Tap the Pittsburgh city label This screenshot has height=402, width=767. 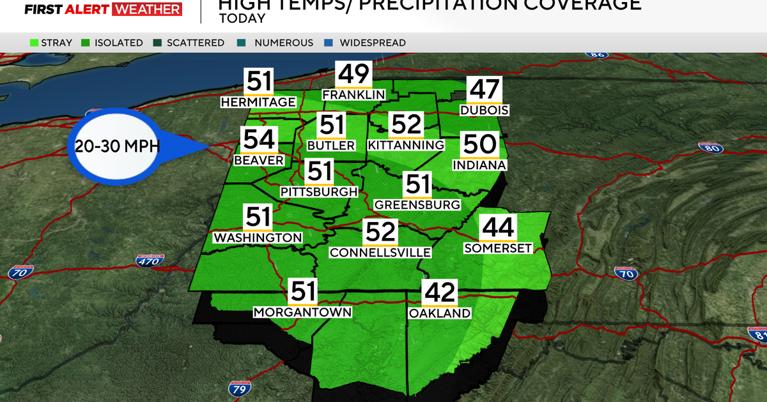(318, 191)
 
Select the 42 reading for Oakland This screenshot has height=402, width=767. (440, 294)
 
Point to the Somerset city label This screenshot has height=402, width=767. (498, 248)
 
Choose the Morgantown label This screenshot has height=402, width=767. (303, 312)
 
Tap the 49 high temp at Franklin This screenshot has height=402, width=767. (353, 75)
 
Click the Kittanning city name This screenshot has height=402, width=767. (406, 145)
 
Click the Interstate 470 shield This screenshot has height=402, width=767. (151, 260)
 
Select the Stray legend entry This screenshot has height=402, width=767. (51, 43)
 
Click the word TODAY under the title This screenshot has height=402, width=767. (242, 19)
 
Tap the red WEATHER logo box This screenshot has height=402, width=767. (146, 9)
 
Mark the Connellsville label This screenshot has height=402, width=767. (380, 253)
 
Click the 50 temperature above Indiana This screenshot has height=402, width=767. (479, 145)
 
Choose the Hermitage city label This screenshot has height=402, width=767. (258, 102)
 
